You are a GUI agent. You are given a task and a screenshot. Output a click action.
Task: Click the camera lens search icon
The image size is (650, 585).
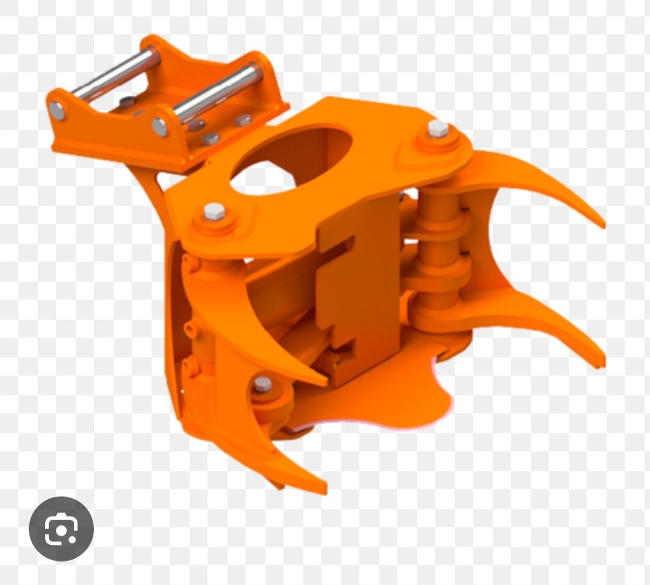pos(61,529)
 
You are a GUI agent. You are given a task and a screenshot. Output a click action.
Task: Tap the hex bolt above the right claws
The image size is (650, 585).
pos(438,129)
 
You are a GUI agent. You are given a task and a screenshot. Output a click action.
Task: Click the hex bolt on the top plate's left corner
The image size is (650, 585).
pos(215,211)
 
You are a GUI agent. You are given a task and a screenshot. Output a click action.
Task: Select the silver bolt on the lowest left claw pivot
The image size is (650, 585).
pos(262,384)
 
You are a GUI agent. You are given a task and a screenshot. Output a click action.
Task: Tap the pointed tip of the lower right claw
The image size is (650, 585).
pos(600,364)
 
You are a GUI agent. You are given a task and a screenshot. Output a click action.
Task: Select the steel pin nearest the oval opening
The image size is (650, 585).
pos(219,94)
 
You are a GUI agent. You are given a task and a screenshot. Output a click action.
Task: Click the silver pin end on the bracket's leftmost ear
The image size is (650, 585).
pos(57,111)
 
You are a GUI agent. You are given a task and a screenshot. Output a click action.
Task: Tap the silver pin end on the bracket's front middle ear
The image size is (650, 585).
pos(160,126)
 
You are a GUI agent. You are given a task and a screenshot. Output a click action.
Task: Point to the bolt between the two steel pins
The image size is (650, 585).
pos(128,102)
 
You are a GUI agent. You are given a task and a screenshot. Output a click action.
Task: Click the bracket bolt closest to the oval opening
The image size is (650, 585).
pos(244,120)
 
